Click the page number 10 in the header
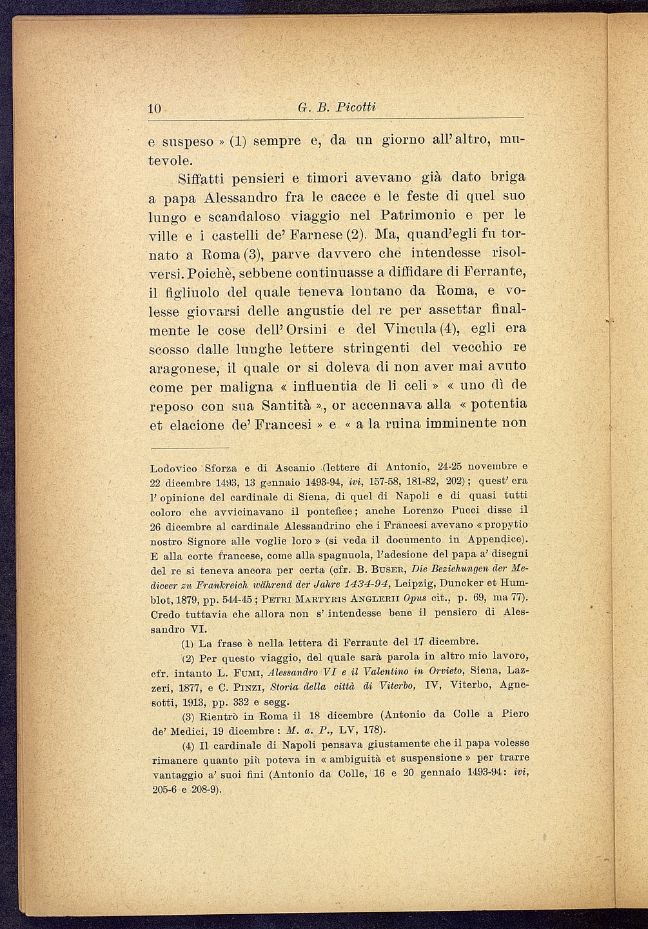pyautogui.click(x=155, y=109)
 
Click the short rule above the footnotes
pyautogui.click(x=190, y=447)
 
